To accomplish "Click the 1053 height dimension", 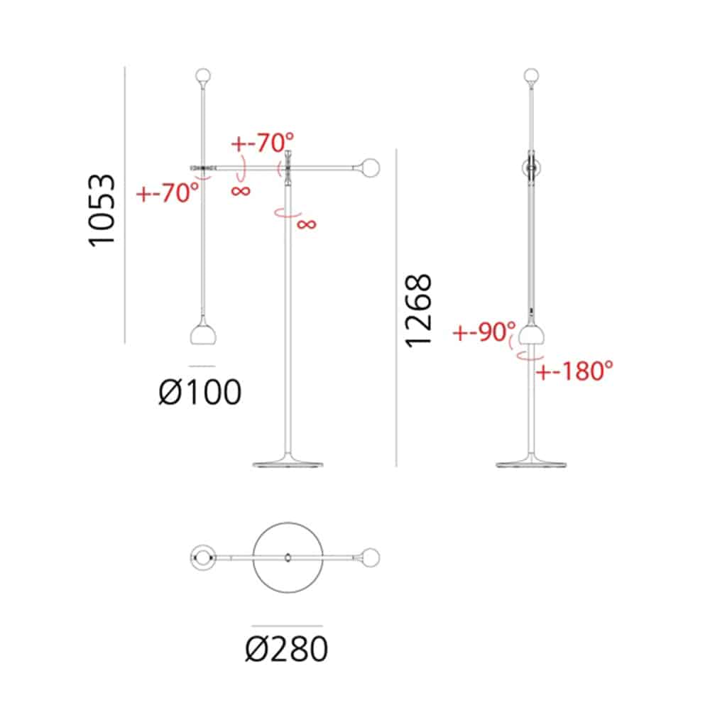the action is click(x=102, y=211).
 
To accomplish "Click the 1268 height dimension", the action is click(x=419, y=311).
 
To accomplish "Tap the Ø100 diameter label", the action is click(x=200, y=392).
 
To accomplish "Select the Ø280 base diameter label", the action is click(x=287, y=649).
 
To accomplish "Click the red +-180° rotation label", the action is click(x=574, y=371).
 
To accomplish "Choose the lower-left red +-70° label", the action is click(x=168, y=192).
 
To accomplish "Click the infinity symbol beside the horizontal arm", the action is click(x=241, y=190).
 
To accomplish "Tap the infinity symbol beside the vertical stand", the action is click(x=307, y=224).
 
